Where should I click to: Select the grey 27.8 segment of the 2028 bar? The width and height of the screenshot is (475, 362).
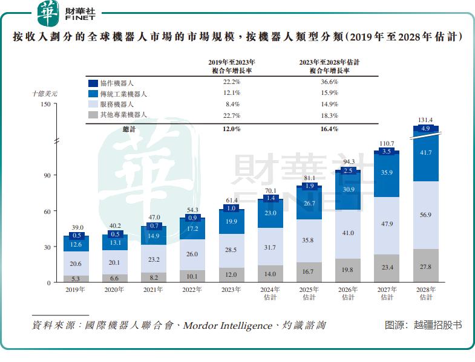425,266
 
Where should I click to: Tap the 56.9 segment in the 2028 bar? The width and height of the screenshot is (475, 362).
425,215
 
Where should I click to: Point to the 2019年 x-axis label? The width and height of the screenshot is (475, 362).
76,290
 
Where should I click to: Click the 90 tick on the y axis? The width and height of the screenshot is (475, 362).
45,175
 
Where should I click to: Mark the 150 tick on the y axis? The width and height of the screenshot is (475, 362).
45,105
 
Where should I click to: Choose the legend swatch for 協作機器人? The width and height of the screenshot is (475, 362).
93,83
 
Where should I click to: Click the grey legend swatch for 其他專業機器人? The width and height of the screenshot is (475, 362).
93,115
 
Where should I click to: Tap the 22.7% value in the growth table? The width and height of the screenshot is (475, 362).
232,115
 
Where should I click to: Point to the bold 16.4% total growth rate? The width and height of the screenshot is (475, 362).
329,129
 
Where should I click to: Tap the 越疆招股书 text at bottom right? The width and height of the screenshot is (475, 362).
438,325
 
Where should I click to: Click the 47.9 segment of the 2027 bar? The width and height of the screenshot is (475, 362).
387,224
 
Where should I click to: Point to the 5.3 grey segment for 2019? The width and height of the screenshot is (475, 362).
76,279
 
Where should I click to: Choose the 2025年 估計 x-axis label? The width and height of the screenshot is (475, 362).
309,294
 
